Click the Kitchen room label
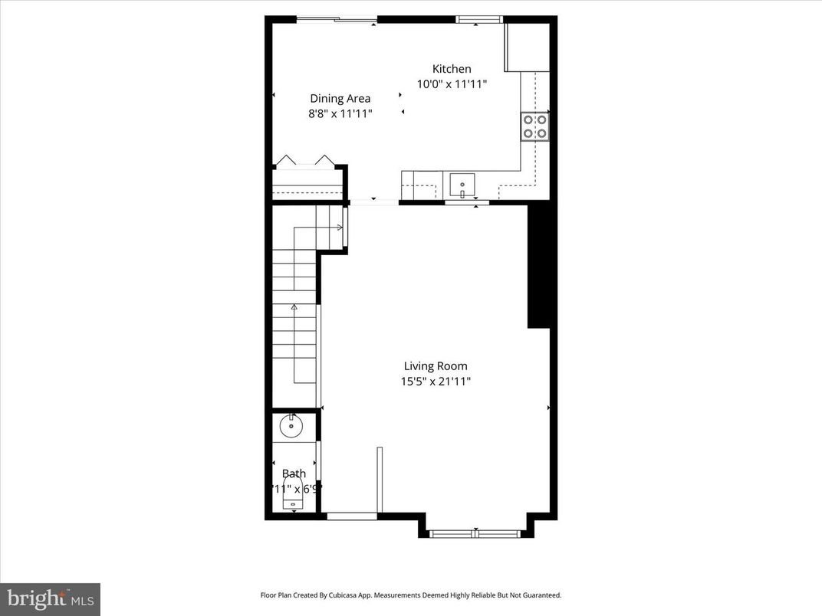pyautogui.click(x=452, y=69)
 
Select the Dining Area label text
pyautogui.click(x=340, y=98)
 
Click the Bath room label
pyautogui.click(x=294, y=473)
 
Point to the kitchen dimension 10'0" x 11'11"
pyautogui.click(x=452, y=84)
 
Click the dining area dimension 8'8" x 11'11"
pyautogui.click(x=340, y=113)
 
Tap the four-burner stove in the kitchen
pyautogui.click(x=534, y=126)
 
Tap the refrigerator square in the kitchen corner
pyautogui.click(x=526, y=48)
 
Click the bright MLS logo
pyautogui.click(x=50, y=599)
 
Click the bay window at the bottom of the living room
pyautogui.click(x=475, y=532)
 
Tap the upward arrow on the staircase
pyautogui.click(x=294, y=308)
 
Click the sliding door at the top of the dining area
pyautogui.click(x=337, y=20)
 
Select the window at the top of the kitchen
pyautogui.click(x=479, y=19)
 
